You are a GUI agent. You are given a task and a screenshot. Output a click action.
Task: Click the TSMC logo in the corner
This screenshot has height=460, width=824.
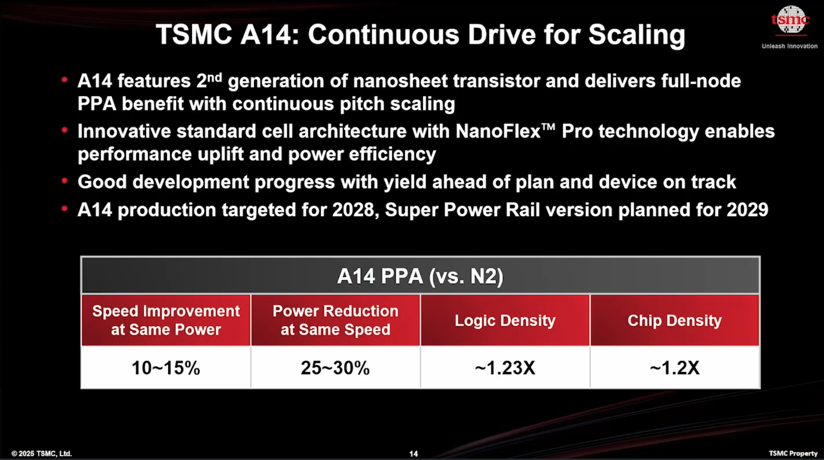click(x=790, y=20)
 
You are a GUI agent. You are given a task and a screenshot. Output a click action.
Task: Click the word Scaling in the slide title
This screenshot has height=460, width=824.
click(x=637, y=35)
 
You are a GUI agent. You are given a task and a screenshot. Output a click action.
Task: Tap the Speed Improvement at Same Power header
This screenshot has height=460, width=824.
click(x=166, y=320)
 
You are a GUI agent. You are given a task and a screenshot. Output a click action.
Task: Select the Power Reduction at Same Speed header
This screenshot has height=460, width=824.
click(x=335, y=320)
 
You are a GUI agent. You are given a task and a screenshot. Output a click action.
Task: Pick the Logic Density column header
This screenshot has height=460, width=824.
click(x=505, y=321)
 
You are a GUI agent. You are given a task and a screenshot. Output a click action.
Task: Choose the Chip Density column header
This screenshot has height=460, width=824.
click(x=674, y=321)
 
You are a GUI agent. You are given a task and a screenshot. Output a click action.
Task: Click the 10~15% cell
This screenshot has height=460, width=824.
click(x=166, y=368)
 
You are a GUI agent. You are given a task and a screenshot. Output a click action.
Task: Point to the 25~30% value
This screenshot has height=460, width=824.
click(x=335, y=368)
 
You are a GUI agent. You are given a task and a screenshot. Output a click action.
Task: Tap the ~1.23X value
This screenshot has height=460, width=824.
click(x=505, y=368)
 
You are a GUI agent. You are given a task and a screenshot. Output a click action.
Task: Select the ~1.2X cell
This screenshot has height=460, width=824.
click(x=674, y=368)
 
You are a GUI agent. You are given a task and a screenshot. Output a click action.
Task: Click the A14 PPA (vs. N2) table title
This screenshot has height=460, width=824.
click(x=420, y=276)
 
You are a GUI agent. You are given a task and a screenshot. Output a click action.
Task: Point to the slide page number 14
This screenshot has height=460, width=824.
click(x=414, y=453)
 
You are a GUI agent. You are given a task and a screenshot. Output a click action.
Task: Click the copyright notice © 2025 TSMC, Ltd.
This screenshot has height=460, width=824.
click(x=41, y=453)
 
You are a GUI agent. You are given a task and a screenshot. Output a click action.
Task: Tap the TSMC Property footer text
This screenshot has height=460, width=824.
click(x=793, y=453)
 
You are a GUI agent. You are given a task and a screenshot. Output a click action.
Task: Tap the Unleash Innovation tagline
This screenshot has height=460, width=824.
click(x=790, y=46)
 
